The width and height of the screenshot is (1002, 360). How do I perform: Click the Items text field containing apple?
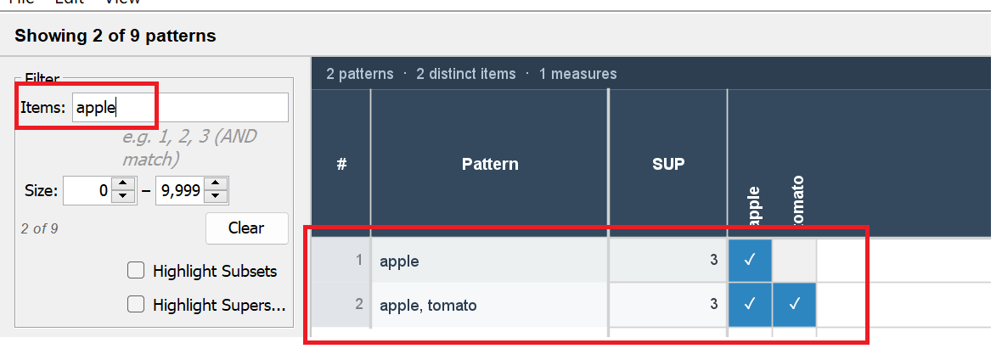coord(179,108)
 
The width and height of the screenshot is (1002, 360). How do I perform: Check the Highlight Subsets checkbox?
coord(135,272)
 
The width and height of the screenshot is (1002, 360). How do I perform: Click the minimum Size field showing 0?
coord(87,191)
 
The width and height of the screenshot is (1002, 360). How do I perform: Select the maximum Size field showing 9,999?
coord(179,191)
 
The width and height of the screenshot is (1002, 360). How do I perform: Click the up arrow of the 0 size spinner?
coord(124,184)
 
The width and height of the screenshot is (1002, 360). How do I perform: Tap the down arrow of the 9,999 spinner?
coord(217,198)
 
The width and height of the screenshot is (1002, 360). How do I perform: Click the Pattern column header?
coord(490,164)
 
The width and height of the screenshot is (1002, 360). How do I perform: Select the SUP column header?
coord(668,164)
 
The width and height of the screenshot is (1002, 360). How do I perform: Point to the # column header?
coord(341,164)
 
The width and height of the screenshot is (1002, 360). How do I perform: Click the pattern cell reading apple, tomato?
coord(489,305)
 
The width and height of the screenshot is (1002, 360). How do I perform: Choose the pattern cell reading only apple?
coord(489,262)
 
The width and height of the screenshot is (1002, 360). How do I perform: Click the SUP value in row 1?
coord(667,262)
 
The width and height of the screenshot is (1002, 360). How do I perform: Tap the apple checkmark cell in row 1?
coord(751,262)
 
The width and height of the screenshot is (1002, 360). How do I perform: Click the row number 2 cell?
coord(341,305)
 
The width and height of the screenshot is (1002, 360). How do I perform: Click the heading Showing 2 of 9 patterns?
coord(115,36)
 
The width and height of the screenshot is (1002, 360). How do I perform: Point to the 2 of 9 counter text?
coord(40,228)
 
